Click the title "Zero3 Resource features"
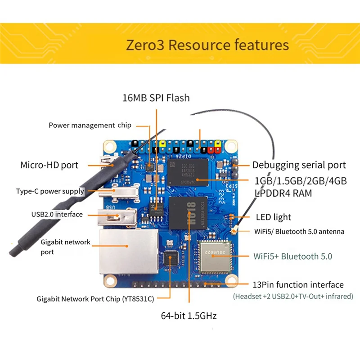207,45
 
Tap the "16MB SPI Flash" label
156,98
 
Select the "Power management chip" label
90,125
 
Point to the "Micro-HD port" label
49,165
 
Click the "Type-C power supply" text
50,191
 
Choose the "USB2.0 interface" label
57,214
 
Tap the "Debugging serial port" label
299,165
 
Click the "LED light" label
274,217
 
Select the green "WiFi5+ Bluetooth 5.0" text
293,256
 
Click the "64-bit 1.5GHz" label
189,316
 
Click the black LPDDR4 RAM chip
189,172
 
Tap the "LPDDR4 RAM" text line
282,193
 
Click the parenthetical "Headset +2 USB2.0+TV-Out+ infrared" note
293,297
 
